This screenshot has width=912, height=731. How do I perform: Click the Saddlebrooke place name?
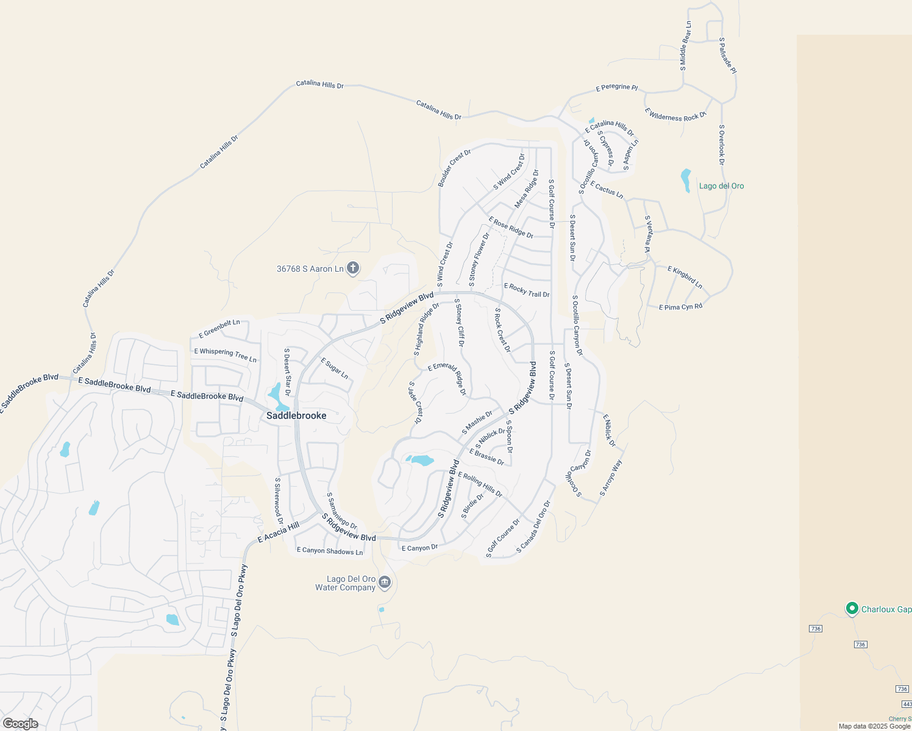click(x=296, y=415)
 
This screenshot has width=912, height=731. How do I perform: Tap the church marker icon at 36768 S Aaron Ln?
click(x=353, y=268)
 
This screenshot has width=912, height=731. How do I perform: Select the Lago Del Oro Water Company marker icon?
click(x=385, y=583)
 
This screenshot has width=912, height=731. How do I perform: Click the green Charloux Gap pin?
click(x=852, y=609)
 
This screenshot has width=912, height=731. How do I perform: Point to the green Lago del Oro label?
click(x=721, y=186)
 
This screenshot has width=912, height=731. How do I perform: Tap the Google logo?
click(x=20, y=724)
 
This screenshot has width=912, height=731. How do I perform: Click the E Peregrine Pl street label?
click(x=616, y=88)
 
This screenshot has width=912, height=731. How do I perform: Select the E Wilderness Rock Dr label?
click(x=675, y=115)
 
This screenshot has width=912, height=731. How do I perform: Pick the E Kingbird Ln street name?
click(x=685, y=277)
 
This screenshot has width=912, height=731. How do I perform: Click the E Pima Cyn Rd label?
click(x=680, y=306)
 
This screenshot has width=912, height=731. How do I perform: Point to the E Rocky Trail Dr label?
click(x=527, y=291)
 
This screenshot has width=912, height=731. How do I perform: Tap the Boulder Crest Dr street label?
click(x=454, y=168)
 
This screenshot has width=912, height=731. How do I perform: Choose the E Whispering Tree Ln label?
click(x=226, y=355)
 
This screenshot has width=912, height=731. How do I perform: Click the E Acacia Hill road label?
click(x=279, y=532)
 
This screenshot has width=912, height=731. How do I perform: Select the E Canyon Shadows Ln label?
click(x=330, y=551)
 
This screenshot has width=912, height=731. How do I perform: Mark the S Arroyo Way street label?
click(x=611, y=478)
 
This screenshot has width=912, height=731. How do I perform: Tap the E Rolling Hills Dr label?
click(x=480, y=485)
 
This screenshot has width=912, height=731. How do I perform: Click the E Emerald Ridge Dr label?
click(x=447, y=378)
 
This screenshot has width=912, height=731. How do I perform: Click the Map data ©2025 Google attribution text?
click(x=874, y=726)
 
